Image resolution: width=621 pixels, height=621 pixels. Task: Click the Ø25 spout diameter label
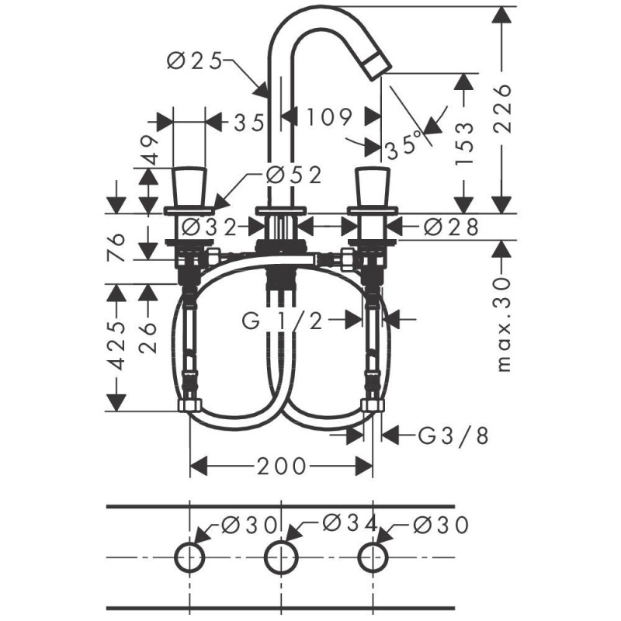pos(194,61)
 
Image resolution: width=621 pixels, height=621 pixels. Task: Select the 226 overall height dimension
pos(503,109)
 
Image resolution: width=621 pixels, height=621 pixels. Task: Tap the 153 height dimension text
pos(463,143)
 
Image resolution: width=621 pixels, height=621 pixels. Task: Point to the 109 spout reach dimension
pos(329,116)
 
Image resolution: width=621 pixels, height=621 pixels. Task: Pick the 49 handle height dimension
pos(149,150)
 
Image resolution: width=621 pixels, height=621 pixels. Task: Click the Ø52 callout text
pos(293,175)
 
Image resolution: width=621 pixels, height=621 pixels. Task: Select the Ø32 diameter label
pos(209,227)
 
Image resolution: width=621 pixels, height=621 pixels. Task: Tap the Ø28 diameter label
pos(452,227)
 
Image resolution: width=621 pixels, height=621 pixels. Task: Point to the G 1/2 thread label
pos(282,321)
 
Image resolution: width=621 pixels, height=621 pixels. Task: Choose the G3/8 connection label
pos(453,436)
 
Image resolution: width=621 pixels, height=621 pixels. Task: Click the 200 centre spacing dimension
pos(282,467)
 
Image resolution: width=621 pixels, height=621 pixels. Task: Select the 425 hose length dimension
pos(116,345)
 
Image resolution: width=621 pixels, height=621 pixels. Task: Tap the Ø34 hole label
pos(350,523)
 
